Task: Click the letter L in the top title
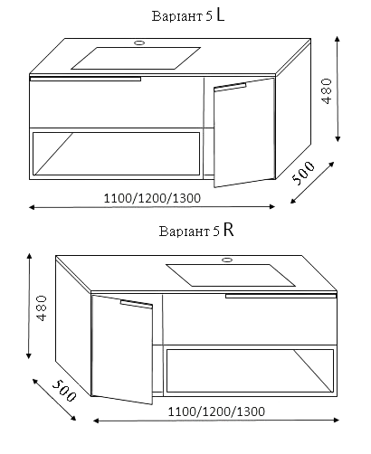click(221, 15)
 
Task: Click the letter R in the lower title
click(229, 231)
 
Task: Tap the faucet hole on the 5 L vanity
click(139, 43)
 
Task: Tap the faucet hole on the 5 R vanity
click(226, 260)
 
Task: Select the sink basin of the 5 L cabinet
click(136, 58)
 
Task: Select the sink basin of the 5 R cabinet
click(231, 275)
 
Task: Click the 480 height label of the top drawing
click(327, 91)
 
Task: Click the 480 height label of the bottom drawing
click(42, 308)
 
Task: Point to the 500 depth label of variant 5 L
click(303, 173)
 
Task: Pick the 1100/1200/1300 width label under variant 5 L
click(152, 198)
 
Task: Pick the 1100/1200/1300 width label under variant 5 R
click(216, 411)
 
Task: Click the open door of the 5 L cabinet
click(244, 132)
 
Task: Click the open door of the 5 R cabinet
click(122, 349)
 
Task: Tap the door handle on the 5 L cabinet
click(230, 87)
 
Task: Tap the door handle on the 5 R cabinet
click(137, 304)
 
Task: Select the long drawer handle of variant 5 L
click(85, 79)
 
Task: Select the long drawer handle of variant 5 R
click(281, 296)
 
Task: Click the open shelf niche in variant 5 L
click(116, 154)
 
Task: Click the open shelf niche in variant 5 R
click(250, 371)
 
